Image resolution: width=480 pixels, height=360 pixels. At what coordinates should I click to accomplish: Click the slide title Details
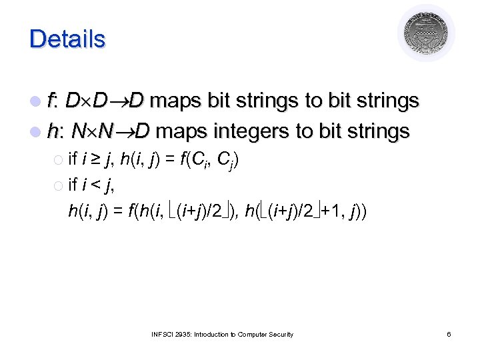pyautogui.click(x=67, y=39)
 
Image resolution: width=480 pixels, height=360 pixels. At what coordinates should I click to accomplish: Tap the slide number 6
pyautogui.click(x=449, y=334)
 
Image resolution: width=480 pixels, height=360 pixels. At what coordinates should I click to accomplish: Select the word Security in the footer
pyautogui.click(x=279, y=334)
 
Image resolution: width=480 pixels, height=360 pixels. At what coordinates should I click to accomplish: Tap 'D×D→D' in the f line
pyautogui.click(x=105, y=101)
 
